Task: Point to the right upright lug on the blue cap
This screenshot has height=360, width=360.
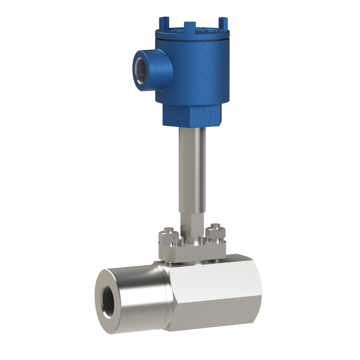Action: (222, 22)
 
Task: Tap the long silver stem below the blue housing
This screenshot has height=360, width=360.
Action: (192, 169)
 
